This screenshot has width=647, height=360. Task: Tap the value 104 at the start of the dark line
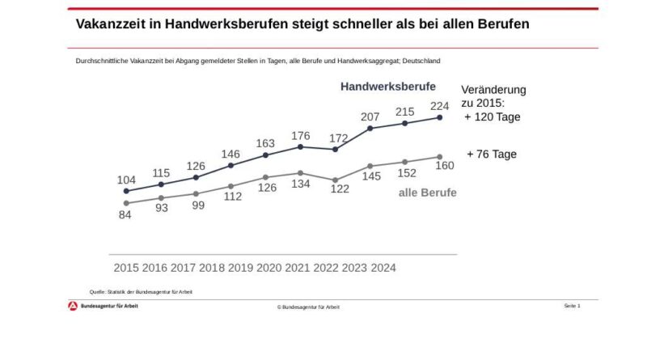click(x=126, y=179)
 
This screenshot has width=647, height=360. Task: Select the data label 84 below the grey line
click(x=126, y=216)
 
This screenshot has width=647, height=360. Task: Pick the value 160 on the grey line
click(x=444, y=166)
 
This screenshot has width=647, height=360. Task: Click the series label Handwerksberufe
click(x=388, y=86)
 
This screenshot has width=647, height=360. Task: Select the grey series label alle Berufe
click(x=427, y=193)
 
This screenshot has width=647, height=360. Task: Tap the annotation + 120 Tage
click(x=493, y=117)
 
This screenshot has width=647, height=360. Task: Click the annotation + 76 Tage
click(x=491, y=155)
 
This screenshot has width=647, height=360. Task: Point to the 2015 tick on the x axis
click(x=126, y=268)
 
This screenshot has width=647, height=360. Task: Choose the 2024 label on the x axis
click(x=383, y=268)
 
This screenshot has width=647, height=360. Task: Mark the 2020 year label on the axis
click(x=269, y=268)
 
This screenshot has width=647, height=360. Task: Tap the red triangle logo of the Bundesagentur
click(x=72, y=306)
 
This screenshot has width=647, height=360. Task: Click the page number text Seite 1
click(x=572, y=306)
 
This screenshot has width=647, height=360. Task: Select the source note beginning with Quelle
click(x=141, y=291)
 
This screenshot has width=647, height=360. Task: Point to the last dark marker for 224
click(x=439, y=117)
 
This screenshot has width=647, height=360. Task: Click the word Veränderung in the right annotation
click(x=493, y=89)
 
